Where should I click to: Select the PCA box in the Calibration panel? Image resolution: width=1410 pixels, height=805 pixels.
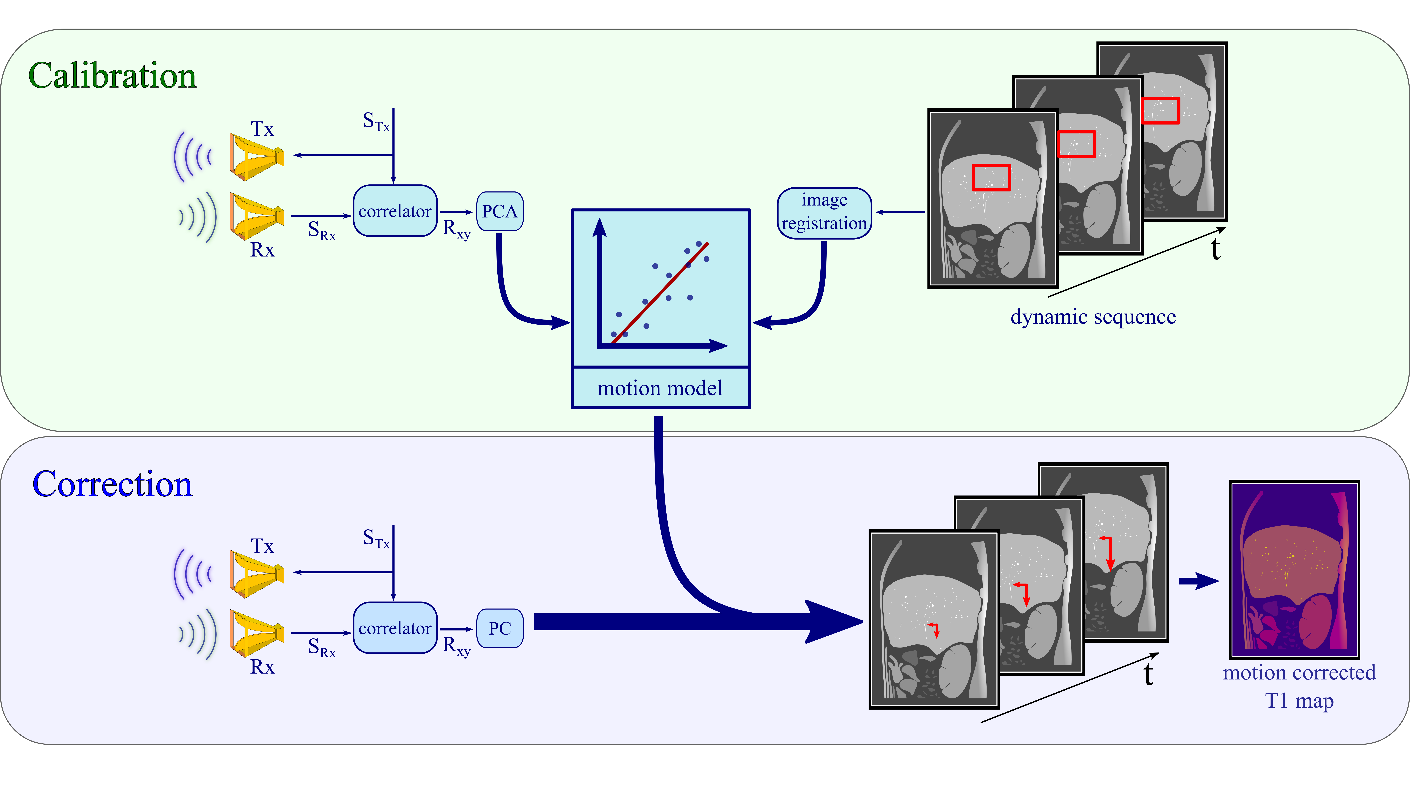pyautogui.click(x=499, y=211)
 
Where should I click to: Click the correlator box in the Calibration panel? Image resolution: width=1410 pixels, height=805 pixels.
pyautogui.click(x=395, y=211)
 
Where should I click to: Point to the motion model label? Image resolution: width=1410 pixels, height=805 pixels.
pyautogui.click(x=660, y=388)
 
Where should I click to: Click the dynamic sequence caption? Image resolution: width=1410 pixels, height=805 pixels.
pyautogui.click(x=1093, y=317)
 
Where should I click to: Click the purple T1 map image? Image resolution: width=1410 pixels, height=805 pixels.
pyautogui.click(x=1294, y=569)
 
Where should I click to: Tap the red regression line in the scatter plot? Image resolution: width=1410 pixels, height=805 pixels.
pyautogui.click(x=660, y=293)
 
